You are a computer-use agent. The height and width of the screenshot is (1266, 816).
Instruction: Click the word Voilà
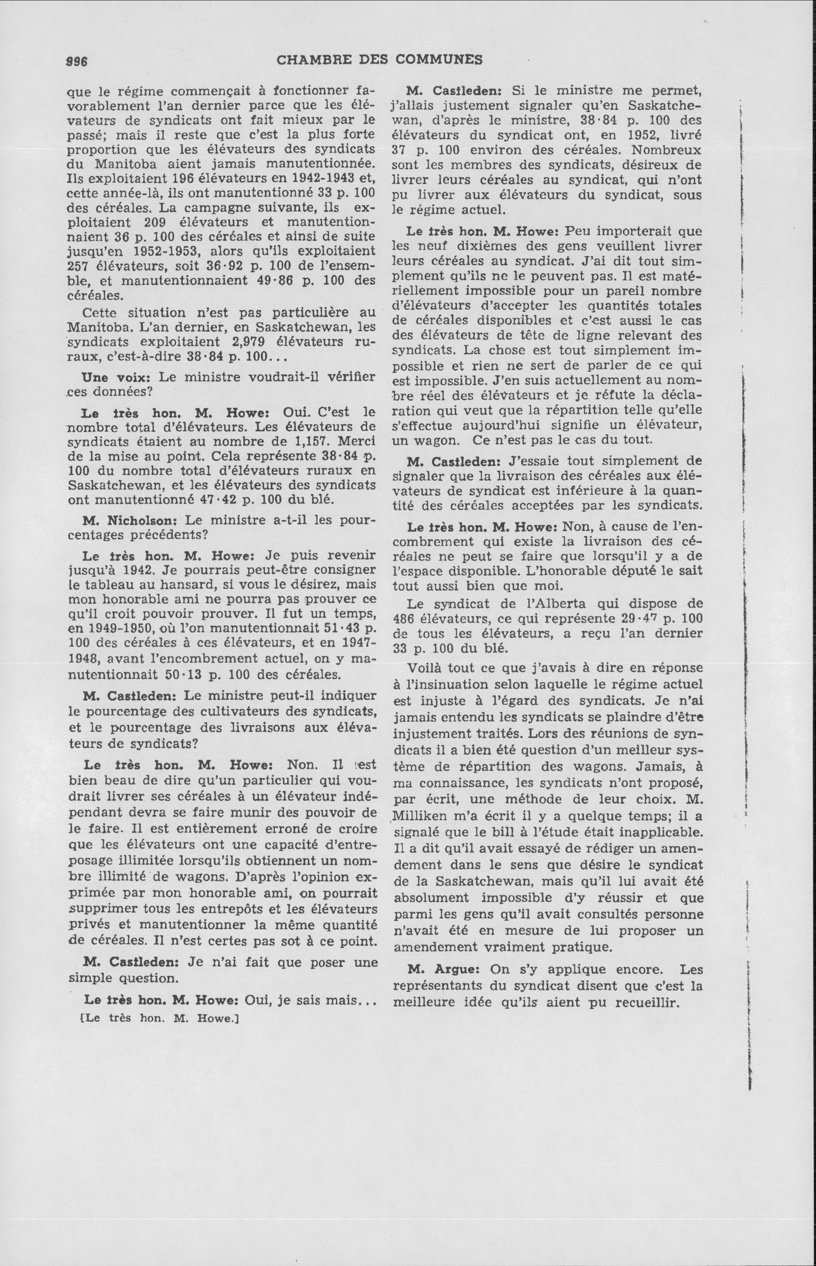(426, 668)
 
